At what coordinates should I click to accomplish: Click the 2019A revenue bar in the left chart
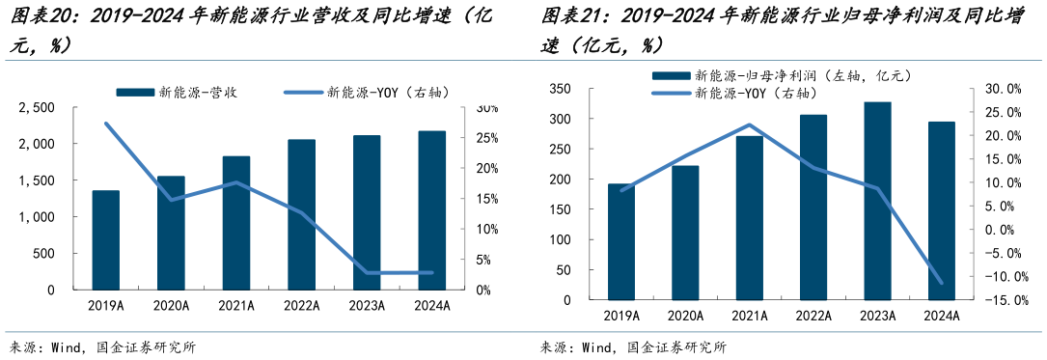tap(106, 240)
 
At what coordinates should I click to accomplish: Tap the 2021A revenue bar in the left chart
tap(236, 223)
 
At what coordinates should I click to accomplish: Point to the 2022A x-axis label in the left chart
tap(301, 306)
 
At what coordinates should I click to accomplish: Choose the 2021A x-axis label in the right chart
tap(750, 316)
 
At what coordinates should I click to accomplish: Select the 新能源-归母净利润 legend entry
tap(783, 75)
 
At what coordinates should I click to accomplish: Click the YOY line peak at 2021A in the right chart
tap(750, 125)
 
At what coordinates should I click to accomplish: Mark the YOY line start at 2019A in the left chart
tap(106, 124)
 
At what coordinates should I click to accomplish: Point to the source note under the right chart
tap(632, 347)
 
